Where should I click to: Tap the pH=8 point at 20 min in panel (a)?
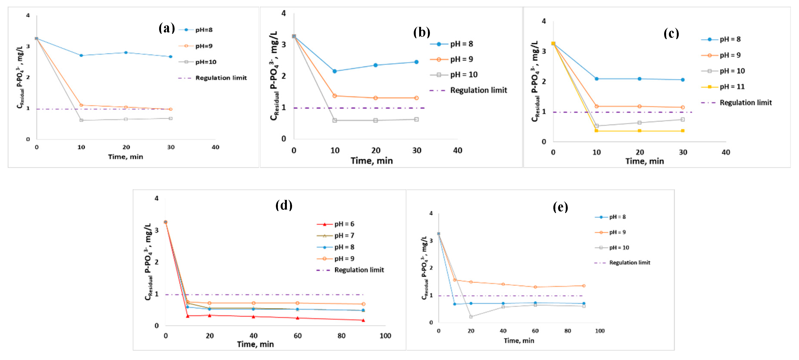(x=126, y=53)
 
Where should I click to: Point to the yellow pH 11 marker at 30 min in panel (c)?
(x=683, y=131)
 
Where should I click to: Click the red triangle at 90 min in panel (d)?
(x=363, y=320)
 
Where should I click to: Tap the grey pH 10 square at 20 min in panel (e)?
(x=471, y=317)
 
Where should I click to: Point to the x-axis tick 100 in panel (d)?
(x=385, y=336)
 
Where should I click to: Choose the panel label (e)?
(x=560, y=207)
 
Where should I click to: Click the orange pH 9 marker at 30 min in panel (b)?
(x=417, y=98)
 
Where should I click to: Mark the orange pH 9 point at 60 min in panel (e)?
(x=535, y=287)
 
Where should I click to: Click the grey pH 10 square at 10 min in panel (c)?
(x=597, y=126)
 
